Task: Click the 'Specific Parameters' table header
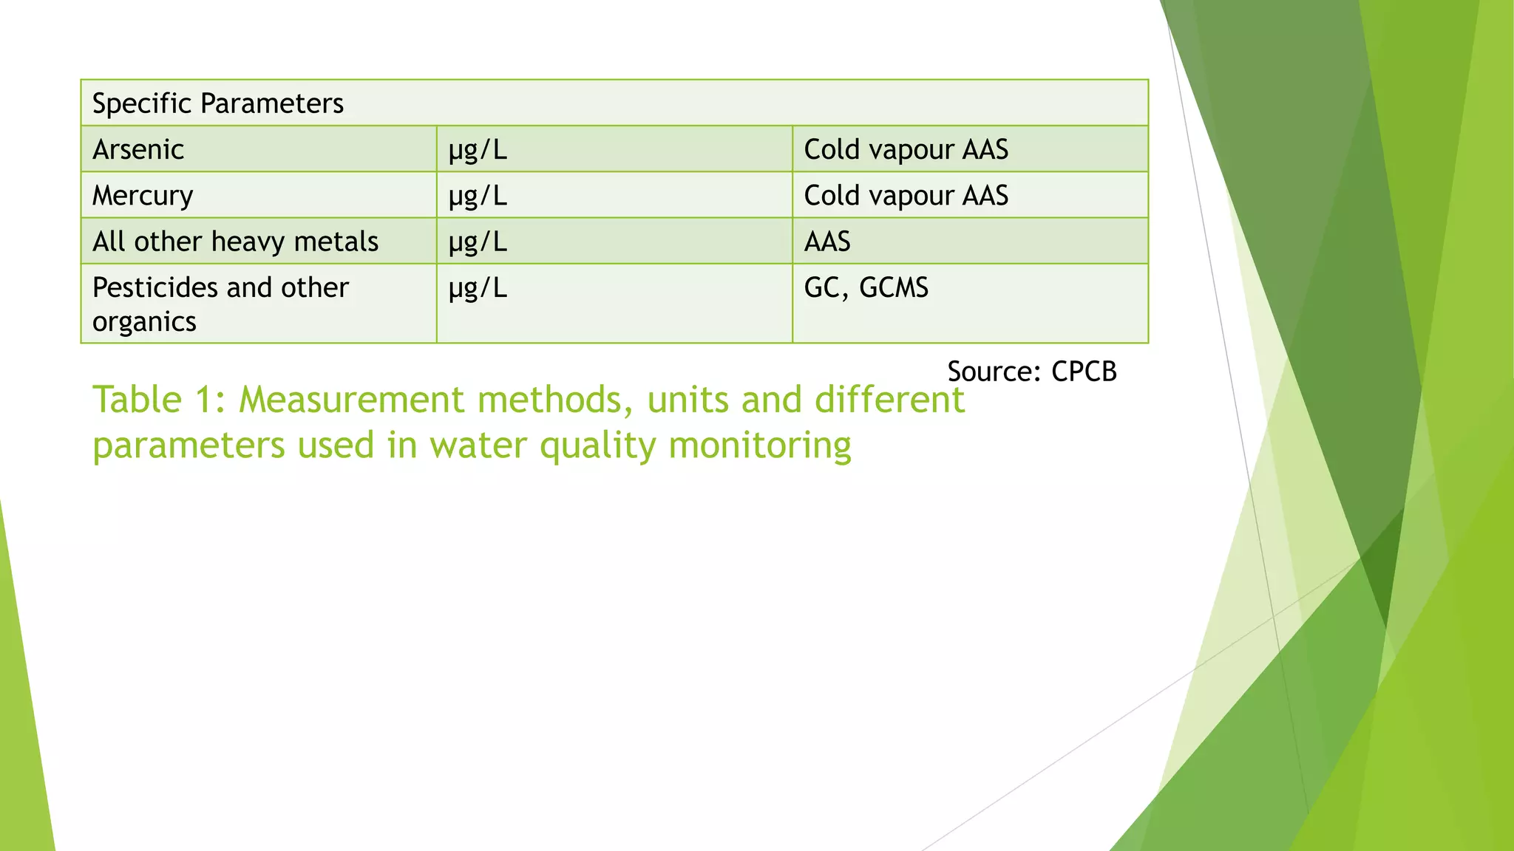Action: click(218, 103)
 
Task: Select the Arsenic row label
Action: click(138, 150)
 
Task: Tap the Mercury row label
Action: click(143, 196)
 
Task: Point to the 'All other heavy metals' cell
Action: click(235, 242)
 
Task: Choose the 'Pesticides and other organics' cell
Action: click(220, 304)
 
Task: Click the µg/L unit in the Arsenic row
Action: click(478, 150)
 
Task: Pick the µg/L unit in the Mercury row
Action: click(478, 196)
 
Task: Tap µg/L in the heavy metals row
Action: click(478, 242)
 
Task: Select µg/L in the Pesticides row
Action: click(478, 288)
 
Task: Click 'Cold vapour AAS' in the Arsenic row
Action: click(906, 150)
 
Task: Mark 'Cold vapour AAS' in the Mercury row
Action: click(906, 196)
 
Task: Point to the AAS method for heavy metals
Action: click(827, 242)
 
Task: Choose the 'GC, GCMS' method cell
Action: click(866, 288)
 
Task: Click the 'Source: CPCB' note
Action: click(1031, 372)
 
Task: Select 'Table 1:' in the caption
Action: click(158, 400)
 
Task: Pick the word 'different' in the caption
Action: click(889, 400)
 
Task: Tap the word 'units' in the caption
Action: click(688, 400)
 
